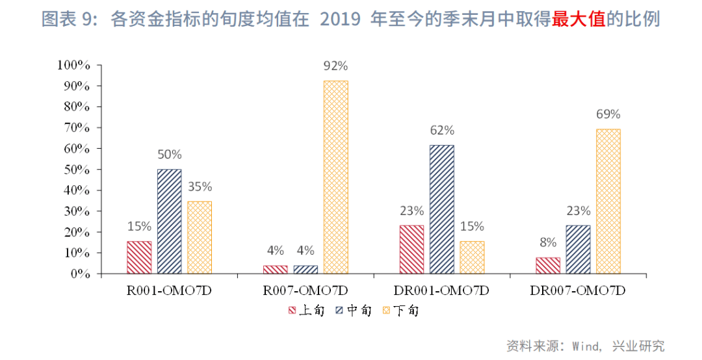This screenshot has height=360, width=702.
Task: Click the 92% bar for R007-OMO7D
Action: (x=335, y=177)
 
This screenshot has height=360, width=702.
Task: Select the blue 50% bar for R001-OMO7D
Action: (x=169, y=221)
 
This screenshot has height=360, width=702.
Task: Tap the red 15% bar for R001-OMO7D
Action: (x=139, y=257)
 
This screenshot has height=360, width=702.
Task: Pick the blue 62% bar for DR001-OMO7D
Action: (x=441, y=209)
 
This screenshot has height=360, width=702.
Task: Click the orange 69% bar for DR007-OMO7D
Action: (x=608, y=201)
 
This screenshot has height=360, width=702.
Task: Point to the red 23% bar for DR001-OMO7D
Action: (x=411, y=249)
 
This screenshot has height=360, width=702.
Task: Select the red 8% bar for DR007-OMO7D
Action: (x=548, y=265)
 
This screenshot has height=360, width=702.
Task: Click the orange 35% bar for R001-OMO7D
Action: (x=200, y=237)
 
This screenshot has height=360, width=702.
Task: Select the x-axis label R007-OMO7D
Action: (x=305, y=290)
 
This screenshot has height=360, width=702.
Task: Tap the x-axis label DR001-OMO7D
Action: (x=441, y=290)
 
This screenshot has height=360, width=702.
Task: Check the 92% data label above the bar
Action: (x=335, y=66)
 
